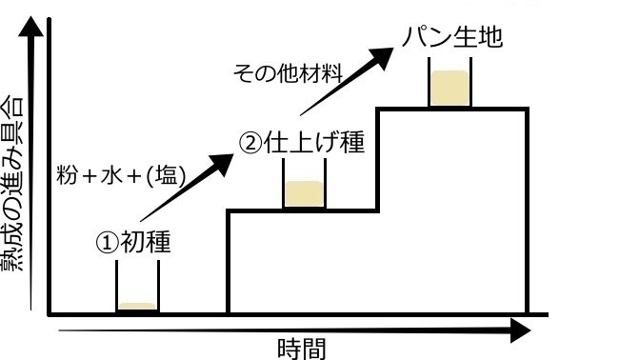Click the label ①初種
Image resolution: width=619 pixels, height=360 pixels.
point(133,242)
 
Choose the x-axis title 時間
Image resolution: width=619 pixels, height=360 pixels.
point(303,348)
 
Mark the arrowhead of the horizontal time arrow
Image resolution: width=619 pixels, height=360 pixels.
point(520,330)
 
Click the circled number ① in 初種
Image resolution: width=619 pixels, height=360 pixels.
point(106,242)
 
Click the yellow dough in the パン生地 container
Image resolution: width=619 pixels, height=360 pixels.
point(449,89)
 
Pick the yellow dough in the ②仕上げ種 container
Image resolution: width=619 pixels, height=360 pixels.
point(304,193)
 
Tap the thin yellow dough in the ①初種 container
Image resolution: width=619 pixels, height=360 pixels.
point(136,307)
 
